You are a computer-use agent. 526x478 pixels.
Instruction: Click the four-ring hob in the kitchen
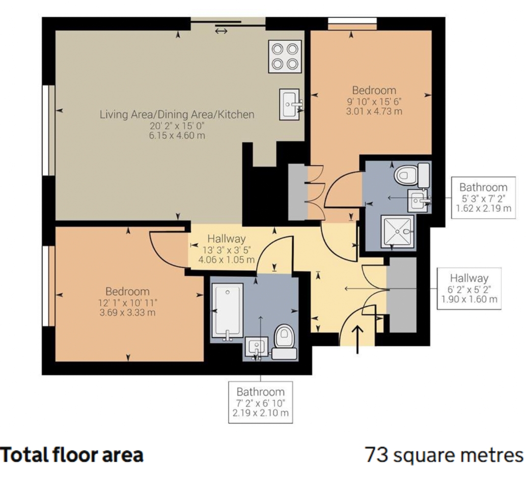285,57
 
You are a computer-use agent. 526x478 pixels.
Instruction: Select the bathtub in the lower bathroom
228,311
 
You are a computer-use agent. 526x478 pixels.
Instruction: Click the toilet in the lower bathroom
284,342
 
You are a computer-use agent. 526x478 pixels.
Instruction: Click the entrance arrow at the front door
357,339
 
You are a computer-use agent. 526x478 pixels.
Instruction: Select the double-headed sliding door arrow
221,31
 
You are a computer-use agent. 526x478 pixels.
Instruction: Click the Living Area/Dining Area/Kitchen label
177,115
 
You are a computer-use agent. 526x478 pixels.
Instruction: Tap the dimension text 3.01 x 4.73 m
374,111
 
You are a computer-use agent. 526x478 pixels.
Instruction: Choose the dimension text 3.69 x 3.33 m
127,313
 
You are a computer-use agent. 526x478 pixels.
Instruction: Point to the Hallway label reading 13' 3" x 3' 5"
227,249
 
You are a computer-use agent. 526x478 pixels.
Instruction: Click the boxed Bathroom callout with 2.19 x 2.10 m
260,402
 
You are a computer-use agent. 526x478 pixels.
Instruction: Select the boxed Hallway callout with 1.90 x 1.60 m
469,289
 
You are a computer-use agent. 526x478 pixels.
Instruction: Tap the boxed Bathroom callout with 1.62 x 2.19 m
483,198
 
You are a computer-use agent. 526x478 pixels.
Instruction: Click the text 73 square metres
444,455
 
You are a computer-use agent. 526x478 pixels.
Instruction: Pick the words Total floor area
72,455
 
